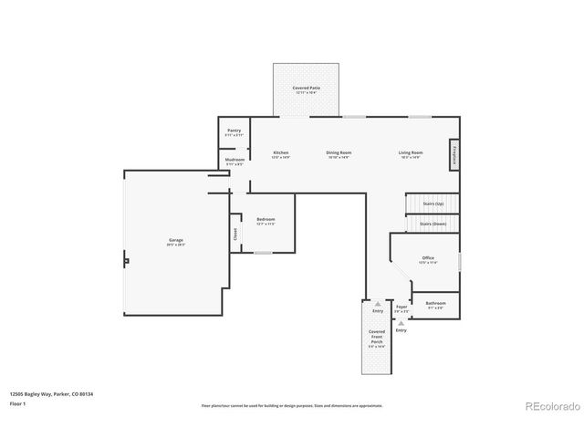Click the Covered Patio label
click(306, 89)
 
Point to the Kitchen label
click(281, 153)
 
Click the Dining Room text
click(339, 153)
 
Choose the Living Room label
click(410, 153)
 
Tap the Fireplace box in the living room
click(454, 154)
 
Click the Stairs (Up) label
click(432, 203)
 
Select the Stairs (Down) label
click(432, 223)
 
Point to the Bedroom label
click(266, 221)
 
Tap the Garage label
click(175, 242)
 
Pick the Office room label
click(428, 260)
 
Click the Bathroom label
click(435, 304)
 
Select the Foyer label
click(401, 308)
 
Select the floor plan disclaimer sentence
click(292, 405)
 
